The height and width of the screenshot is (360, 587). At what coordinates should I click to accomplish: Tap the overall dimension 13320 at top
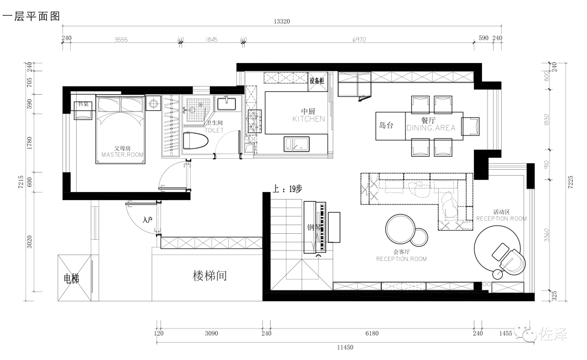[x=282, y=22]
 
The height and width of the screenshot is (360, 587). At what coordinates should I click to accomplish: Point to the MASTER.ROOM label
[x=123, y=154]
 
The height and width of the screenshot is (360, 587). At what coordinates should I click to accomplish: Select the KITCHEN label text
[x=308, y=119]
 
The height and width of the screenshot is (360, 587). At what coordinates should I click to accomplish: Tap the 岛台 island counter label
[x=386, y=125]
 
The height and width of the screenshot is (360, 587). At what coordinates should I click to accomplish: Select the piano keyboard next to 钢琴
[x=322, y=227]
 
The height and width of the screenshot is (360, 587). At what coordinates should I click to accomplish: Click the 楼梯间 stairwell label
[x=210, y=276]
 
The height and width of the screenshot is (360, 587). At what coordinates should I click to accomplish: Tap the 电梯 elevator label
[x=72, y=279]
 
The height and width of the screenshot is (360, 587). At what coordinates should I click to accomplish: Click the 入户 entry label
[x=147, y=220]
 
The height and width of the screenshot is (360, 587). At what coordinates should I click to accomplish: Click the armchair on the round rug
[x=510, y=258]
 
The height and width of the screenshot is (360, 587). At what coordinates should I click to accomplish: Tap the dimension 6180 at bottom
[x=372, y=333]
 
